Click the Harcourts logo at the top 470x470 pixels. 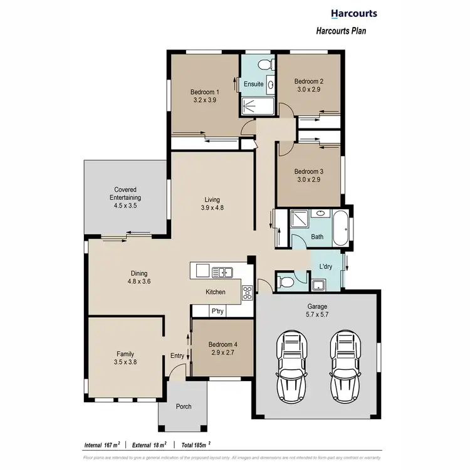click(353, 13)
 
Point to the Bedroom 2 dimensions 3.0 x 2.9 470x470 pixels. click(308, 90)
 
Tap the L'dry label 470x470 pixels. click(326, 266)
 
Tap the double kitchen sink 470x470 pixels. click(222, 271)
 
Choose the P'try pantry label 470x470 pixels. click(217, 311)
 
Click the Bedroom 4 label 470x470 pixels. click(222, 344)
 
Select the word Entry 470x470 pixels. click(177, 356)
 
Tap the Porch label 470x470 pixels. click(184, 406)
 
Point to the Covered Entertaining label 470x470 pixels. click(125, 194)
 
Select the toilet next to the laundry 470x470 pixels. click(287, 280)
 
